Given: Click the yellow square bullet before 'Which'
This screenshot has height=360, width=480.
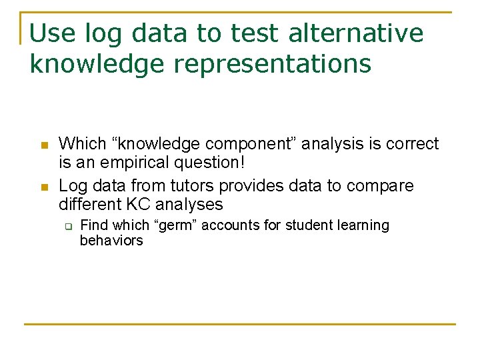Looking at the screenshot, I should tap(43, 145).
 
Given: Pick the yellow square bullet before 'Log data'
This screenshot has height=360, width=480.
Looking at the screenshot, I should tap(43, 187).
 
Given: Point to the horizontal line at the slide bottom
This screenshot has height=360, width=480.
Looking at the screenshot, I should tap(240, 325).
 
